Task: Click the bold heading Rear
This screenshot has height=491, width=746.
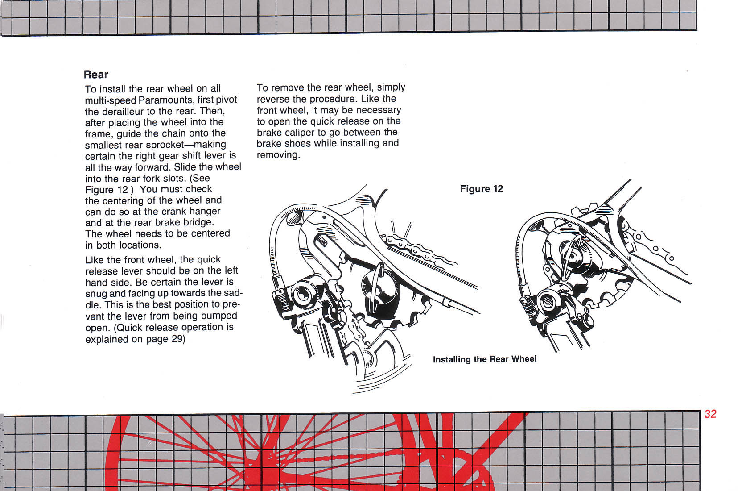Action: tap(96, 75)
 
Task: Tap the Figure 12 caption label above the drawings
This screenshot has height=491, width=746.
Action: tap(481, 189)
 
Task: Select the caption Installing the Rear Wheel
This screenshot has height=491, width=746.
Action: tap(485, 359)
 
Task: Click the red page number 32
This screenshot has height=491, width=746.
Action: tap(710, 414)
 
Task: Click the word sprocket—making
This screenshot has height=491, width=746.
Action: tap(192, 145)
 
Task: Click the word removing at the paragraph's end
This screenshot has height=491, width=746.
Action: tap(277, 155)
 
